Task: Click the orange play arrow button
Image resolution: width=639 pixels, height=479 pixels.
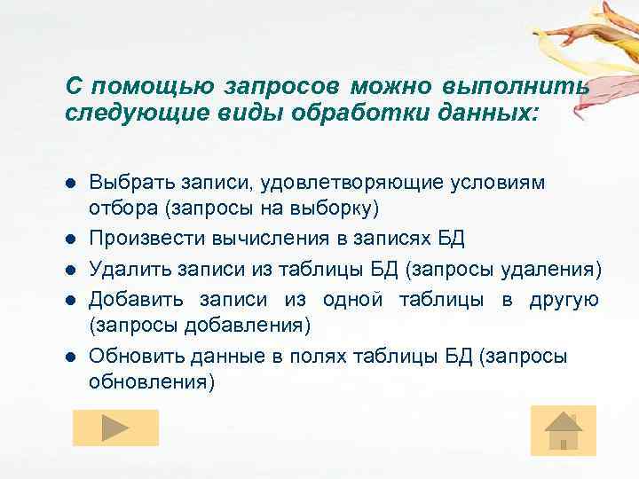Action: pyautogui.click(x=115, y=428)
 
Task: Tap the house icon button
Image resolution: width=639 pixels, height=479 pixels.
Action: pyautogui.click(x=563, y=430)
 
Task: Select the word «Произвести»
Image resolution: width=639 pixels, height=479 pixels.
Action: pyautogui.click(x=146, y=239)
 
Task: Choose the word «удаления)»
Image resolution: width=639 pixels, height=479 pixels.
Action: pyautogui.click(x=557, y=269)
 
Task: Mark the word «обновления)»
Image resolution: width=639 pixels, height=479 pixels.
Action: pyautogui.click(x=152, y=382)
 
